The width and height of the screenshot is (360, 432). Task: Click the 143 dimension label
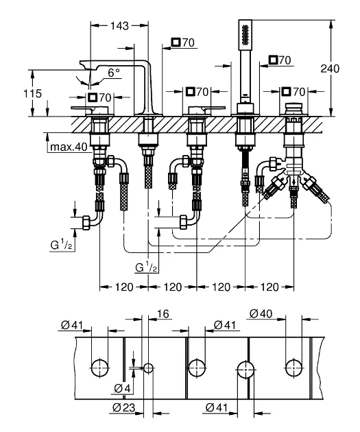click(x=119, y=25)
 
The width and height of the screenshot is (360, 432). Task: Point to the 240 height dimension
click(x=330, y=69)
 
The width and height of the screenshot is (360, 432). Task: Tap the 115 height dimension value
click(x=32, y=93)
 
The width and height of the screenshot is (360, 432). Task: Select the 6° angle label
click(x=114, y=73)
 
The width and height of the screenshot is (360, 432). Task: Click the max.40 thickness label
click(x=69, y=147)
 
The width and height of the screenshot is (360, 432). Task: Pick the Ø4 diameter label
click(x=122, y=389)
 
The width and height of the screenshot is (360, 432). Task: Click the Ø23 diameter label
click(x=124, y=407)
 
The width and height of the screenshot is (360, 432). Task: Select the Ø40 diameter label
click(x=261, y=313)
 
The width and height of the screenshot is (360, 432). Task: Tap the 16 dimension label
click(x=163, y=314)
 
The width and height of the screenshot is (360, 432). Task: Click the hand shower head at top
click(x=245, y=34)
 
